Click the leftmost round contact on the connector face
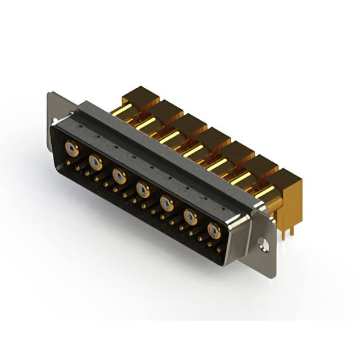71,148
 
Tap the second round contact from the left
96,163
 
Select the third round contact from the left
119,176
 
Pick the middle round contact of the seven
143,190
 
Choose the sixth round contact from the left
191,217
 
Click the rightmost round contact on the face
214,230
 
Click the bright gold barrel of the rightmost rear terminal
264,191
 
